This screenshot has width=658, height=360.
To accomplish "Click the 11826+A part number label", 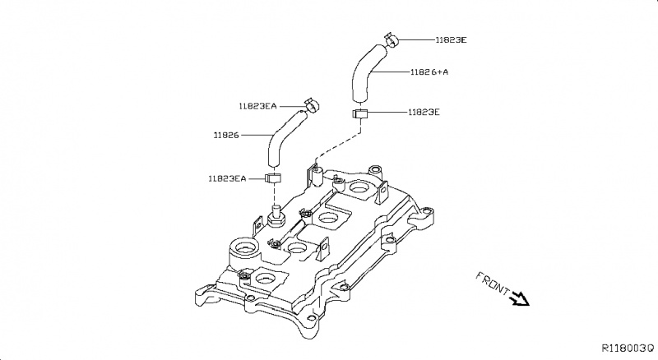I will pos(429,72).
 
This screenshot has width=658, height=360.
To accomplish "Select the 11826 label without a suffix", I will pos(226,134).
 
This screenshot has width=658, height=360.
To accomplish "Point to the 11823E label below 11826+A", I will pos(424,112).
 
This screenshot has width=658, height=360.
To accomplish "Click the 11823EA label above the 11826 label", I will pos(258,106).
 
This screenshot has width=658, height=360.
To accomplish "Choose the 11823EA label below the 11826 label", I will pos(228,178).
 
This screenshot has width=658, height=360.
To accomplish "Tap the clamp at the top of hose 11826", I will pos(311,105).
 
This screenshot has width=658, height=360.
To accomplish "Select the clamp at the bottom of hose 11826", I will pos(274,178).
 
